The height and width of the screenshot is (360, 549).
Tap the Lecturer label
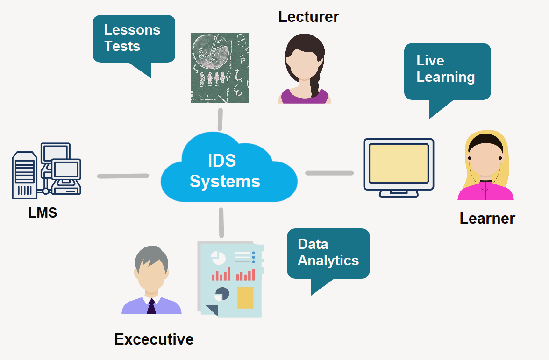pos(308,17)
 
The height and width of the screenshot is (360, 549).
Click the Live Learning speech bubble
pos(447,70)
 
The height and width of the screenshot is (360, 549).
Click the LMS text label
pos(43,213)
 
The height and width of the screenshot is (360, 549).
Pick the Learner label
pos(487,218)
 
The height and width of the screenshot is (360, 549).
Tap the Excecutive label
pos(154,339)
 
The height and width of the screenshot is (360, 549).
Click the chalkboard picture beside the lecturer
pos(220,68)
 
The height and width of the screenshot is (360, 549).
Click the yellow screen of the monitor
pos(399,163)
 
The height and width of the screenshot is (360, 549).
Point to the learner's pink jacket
pos(486,191)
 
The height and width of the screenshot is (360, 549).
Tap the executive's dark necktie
pos(151,306)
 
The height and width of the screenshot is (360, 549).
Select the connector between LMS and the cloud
pos(123,176)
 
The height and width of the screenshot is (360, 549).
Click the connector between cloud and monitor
pos(329,173)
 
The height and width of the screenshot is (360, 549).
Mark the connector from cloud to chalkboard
pos(219,119)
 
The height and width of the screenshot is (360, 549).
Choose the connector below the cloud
pos(221,222)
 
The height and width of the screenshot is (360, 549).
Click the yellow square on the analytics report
pos(245,298)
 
